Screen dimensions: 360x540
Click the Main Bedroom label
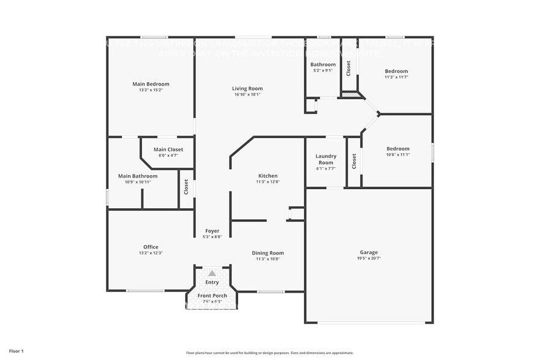[151, 84]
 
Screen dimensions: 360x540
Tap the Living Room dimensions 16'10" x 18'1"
[248, 94]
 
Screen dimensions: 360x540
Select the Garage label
[369, 252]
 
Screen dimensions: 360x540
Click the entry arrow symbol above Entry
[212, 274]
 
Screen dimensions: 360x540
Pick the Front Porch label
[212, 296]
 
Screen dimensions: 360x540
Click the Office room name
[151, 247]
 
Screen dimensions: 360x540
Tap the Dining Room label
[268, 253]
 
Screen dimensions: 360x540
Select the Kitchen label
[268, 176]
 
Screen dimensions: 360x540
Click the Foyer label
[212, 231]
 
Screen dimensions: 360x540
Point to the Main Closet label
[168, 149]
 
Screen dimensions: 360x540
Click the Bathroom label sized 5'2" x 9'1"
[323, 64]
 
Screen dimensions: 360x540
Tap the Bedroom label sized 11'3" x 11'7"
[396, 71]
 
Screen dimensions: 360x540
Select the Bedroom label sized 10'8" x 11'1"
[398, 149]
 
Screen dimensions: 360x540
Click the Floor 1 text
[16, 351]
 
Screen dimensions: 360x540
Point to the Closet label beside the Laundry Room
[354, 162]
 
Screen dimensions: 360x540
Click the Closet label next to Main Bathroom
[186, 187]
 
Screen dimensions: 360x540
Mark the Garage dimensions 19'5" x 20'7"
[369, 258]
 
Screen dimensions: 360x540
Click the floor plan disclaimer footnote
[269, 353]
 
